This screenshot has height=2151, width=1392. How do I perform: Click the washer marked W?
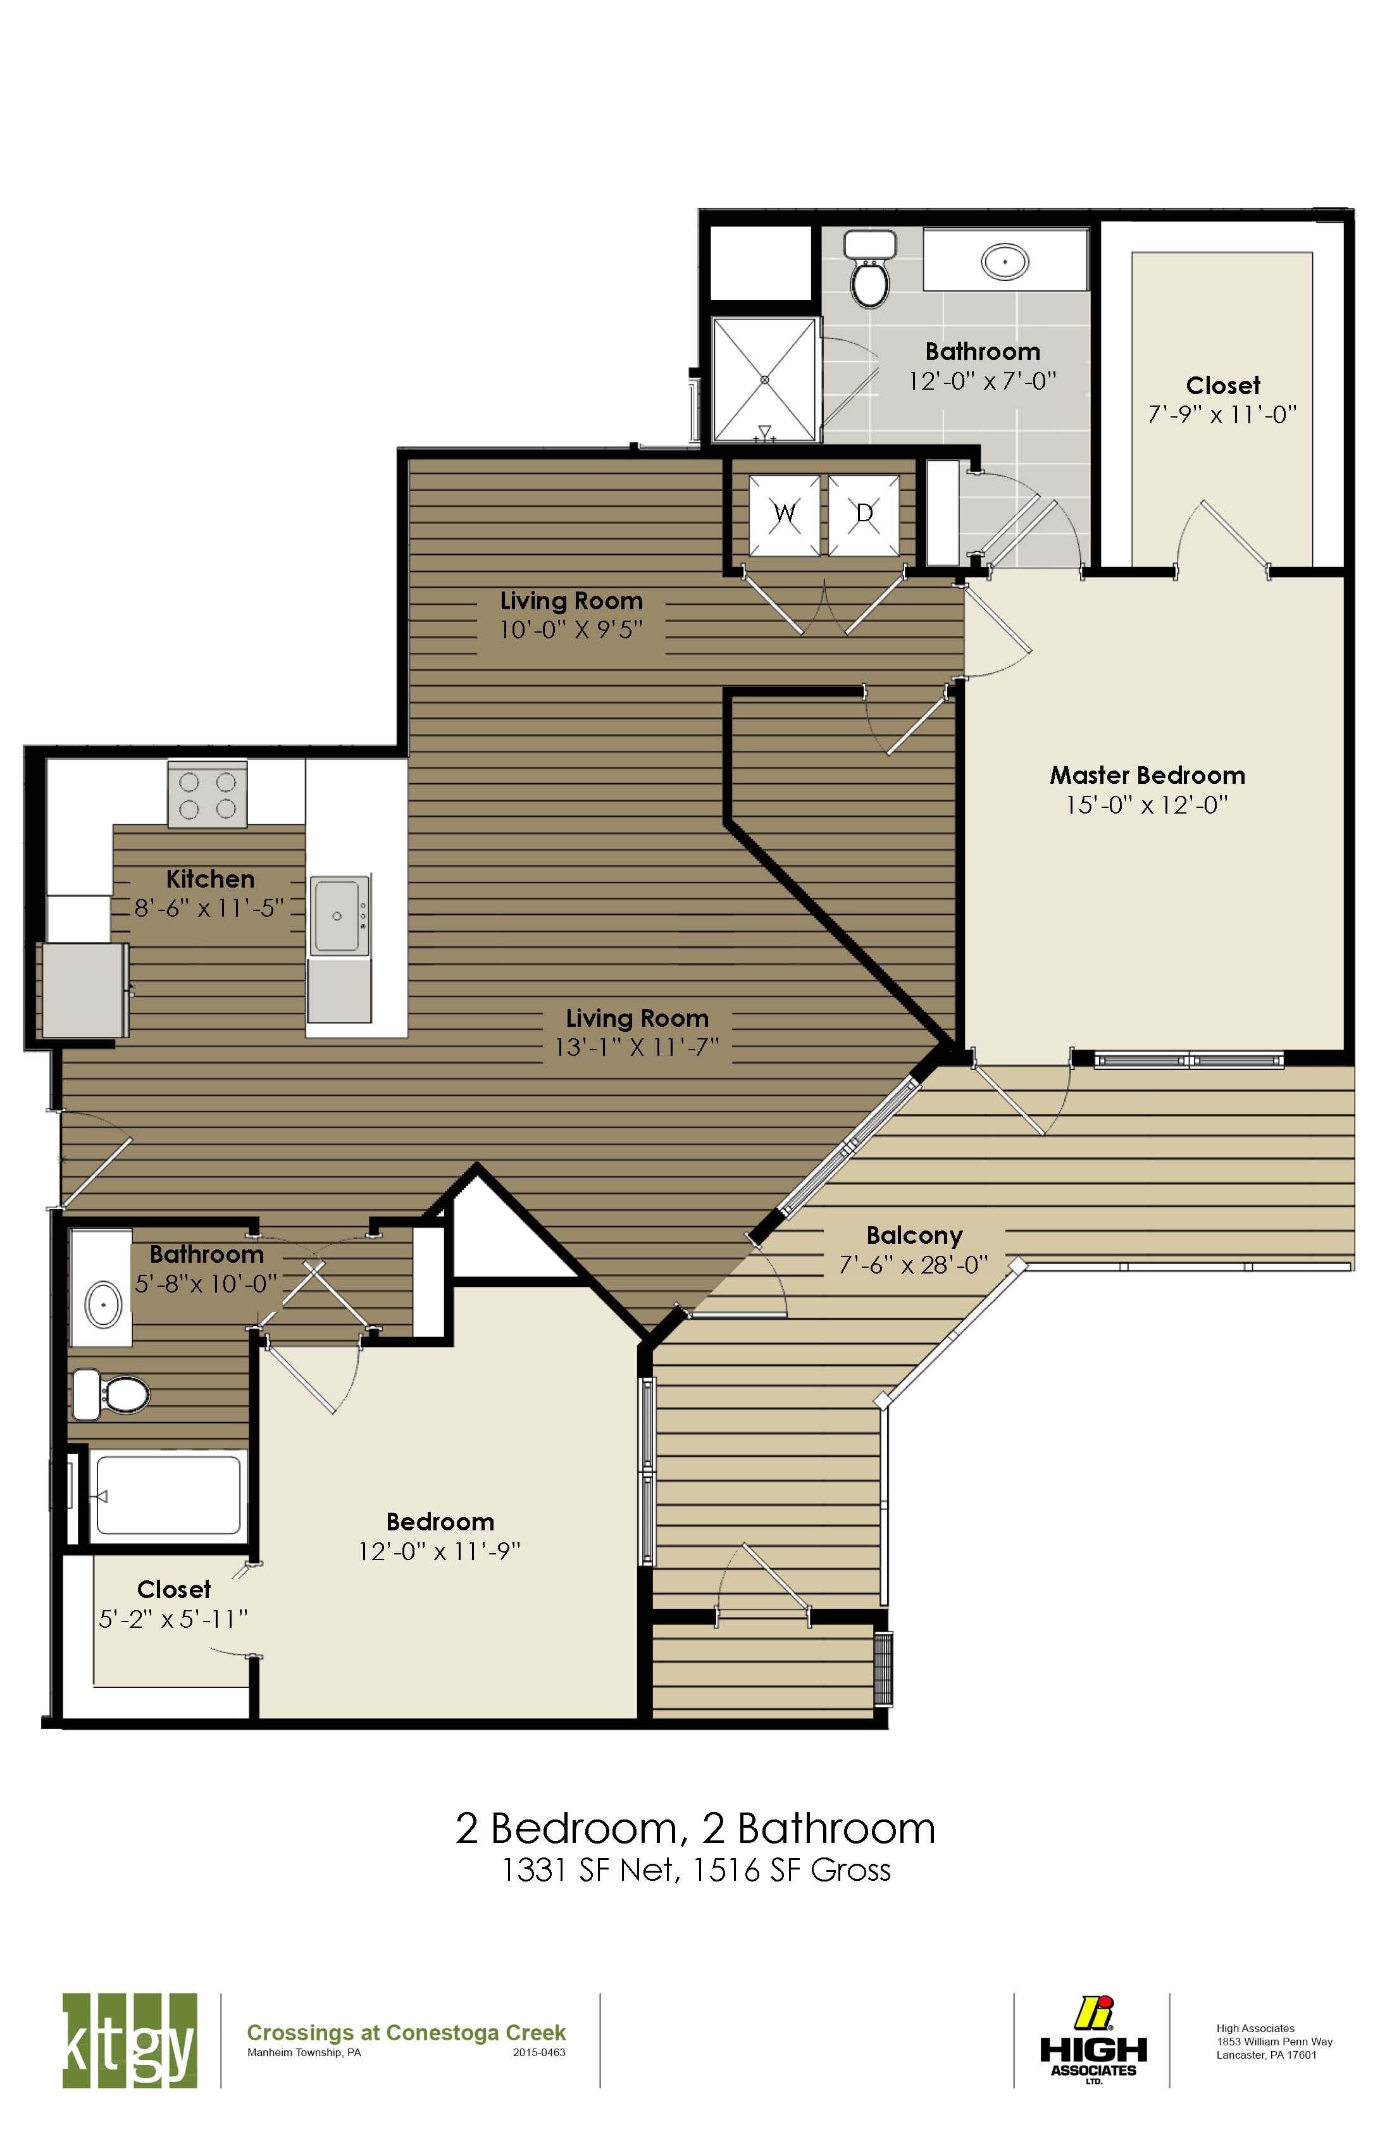tap(785, 515)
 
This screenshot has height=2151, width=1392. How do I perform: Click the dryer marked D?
tap(864, 515)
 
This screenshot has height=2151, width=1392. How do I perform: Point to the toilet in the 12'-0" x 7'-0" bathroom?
tap(871, 271)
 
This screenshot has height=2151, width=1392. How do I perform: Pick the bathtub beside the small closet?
tap(169, 1495)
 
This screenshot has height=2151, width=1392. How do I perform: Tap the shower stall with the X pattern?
tap(766, 380)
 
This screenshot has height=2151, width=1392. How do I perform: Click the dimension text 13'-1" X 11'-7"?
tap(637, 1048)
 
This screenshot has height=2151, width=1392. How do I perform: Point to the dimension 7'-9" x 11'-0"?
tap(1222, 415)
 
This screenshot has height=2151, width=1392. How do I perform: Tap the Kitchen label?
tap(209, 879)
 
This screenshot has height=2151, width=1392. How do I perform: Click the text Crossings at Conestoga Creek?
tap(406, 2033)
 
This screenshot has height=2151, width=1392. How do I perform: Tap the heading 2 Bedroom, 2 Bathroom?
tap(695, 1829)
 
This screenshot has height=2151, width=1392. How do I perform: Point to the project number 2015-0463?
tap(538, 2052)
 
